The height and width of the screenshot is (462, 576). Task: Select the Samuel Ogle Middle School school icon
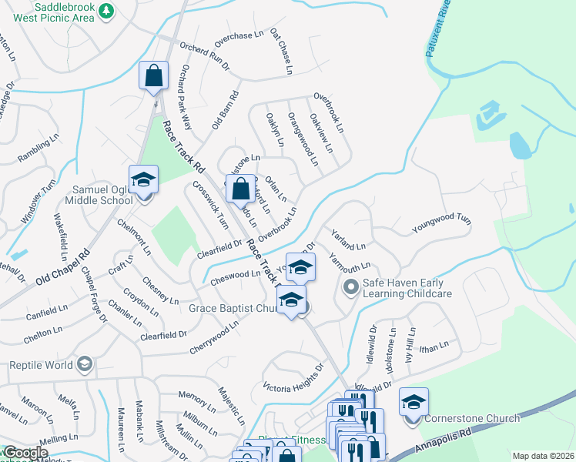(143, 180)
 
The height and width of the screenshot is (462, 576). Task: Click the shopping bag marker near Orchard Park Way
(153, 76)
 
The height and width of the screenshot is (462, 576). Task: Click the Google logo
(25, 454)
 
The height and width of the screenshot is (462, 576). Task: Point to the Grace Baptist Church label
(233, 309)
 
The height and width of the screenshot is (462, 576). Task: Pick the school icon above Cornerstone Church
(414, 402)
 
